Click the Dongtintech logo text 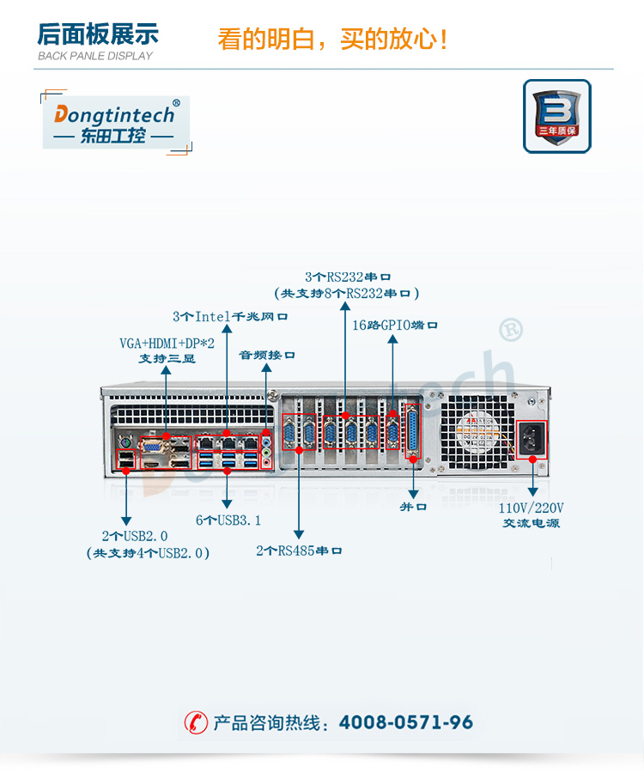point(116,113)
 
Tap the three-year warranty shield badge point(556,116)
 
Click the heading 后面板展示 point(98,35)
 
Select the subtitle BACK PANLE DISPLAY point(95,56)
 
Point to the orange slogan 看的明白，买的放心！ point(332,40)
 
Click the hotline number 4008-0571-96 point(406,722)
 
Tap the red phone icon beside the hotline point(197,722)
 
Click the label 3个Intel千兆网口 point(229,316)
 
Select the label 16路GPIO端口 point(395,326)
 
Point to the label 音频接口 point(266,354)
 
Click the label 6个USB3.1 point(228,520)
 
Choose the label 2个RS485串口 point(299,551)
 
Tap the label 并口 point(412,507)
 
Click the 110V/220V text point(532,508)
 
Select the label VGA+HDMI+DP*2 point(167,344)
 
